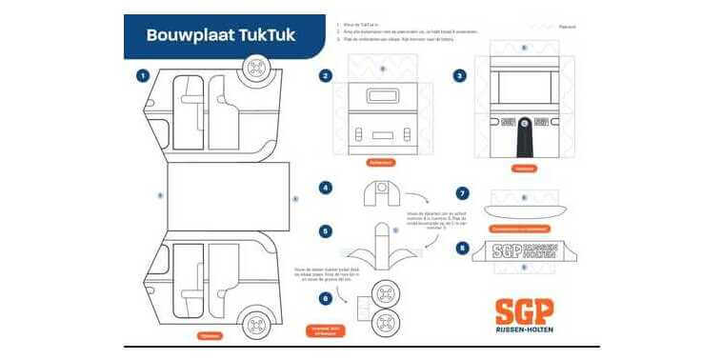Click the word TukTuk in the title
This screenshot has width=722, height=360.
[262, 35]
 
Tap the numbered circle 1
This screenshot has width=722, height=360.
[142, 75]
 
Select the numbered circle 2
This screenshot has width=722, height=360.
[326, 75]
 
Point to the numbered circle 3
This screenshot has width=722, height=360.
[460, 75]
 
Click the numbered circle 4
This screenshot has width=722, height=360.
[326, 188]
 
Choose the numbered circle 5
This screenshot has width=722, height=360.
[326, 230]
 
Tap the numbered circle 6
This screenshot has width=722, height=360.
[326, 298]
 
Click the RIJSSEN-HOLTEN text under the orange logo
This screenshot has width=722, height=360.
[523, 330]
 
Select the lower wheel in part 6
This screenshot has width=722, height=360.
[386, 322]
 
